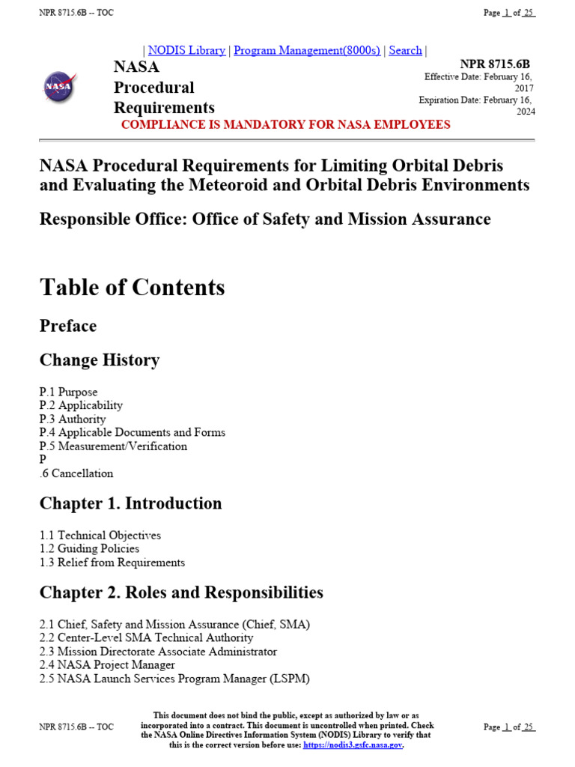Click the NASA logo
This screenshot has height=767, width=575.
tap(60, 86)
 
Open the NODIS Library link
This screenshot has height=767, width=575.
tap(186, 50)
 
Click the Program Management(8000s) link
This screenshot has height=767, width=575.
tap(307, 50)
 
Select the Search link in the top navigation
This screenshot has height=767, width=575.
tap(405, 50)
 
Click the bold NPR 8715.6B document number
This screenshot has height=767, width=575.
tap(495, 64)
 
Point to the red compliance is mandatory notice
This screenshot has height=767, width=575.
tap(285, 124)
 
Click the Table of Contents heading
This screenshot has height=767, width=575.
tap(132, 288)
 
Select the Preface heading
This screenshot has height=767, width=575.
tap(68, 326)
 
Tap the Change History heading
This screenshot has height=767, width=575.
tap(100, 360)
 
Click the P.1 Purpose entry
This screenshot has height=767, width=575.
tap(68, 392)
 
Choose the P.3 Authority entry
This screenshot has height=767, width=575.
tap(73, 419)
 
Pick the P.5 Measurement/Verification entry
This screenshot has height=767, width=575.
tap(113, 446)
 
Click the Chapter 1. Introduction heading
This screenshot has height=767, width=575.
tap(130, 503)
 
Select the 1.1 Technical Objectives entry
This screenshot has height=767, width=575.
tap(100, 536)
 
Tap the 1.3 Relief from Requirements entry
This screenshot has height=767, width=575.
tap(112, 563)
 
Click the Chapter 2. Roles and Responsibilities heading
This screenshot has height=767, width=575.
tap(181, 592)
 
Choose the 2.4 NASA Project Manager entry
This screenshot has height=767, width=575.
tap(107, 665)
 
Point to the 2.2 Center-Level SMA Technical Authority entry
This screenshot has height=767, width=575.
tap(146, 638)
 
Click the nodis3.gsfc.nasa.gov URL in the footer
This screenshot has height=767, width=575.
tap(353, 745)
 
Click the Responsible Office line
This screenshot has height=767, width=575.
tap(265, 219)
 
